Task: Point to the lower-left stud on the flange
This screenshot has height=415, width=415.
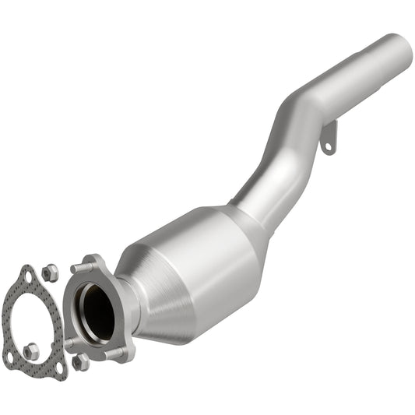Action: point(69,342)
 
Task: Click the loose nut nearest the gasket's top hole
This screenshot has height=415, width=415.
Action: point(49,272)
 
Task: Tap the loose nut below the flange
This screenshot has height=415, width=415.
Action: point(80,363)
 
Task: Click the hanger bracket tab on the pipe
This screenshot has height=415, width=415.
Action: point(329,139)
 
